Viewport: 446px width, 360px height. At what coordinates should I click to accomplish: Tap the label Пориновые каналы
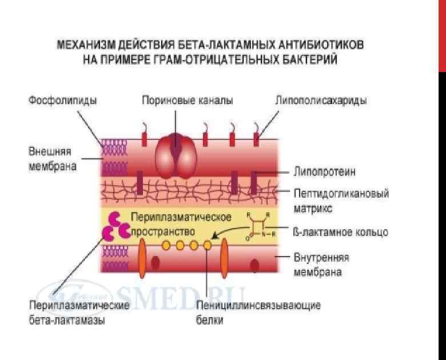click(188, 101)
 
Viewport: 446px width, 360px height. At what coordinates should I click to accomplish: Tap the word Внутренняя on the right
click(321, 257)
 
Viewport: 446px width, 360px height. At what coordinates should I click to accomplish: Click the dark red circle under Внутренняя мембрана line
click(254, 265)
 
